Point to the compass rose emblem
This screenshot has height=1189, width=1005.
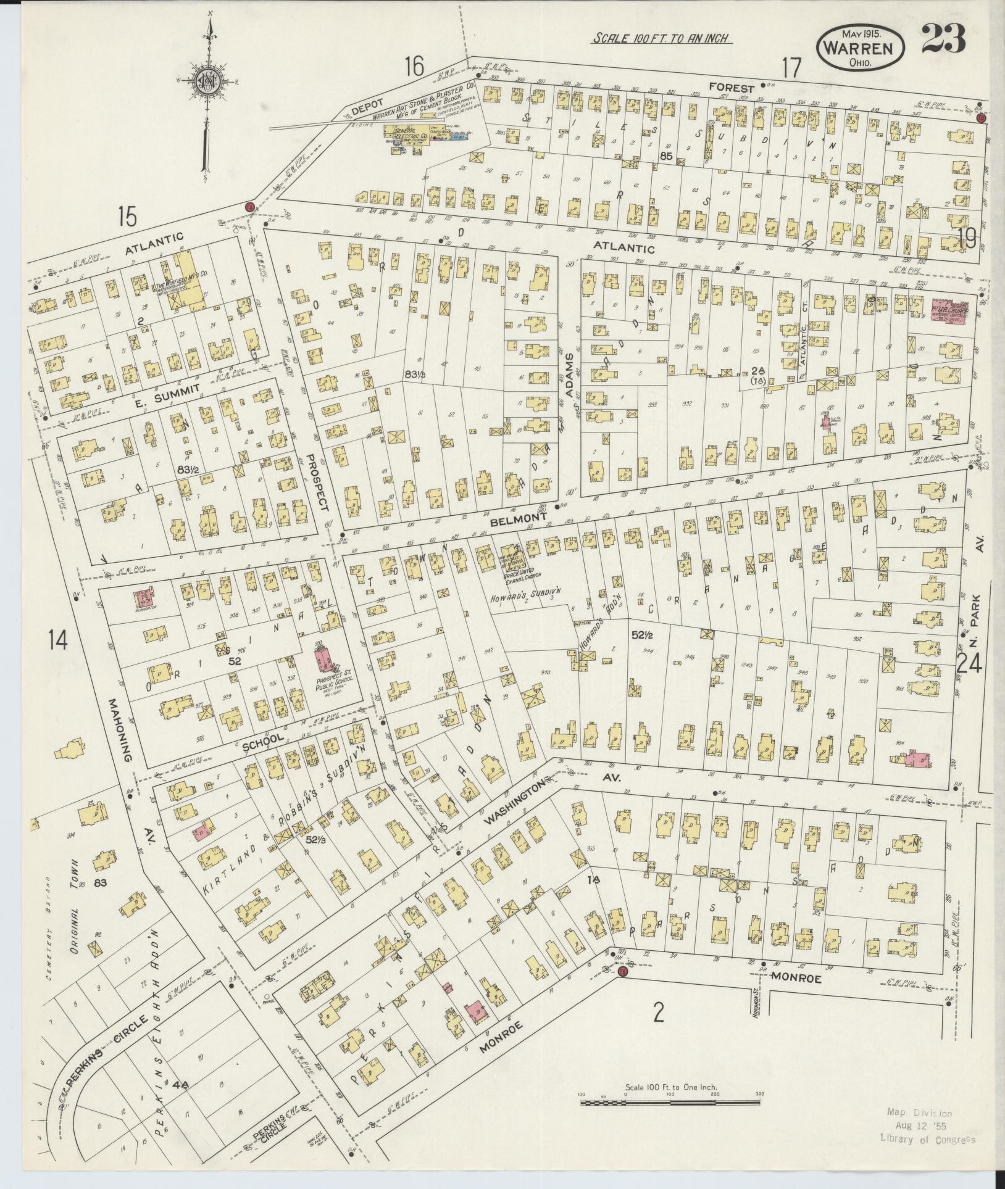click(x=210, y=81)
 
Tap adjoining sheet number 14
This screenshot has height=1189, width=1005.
click(x=59, y=641)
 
